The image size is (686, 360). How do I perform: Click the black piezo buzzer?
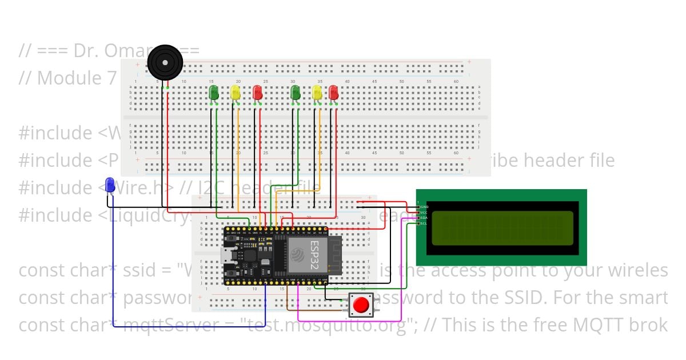(165, 62)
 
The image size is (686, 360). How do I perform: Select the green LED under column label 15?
(214, 93)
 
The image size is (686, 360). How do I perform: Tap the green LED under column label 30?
(296, 93)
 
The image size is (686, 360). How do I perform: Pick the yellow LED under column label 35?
(317, 93)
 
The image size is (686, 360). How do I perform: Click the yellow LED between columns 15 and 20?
(236, 93)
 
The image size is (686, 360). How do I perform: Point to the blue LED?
(110, 184)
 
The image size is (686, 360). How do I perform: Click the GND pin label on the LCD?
(424, 207)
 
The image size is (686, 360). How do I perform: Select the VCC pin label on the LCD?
(424, 213)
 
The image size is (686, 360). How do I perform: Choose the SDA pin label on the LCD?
(424, 218)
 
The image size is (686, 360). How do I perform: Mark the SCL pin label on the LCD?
(424, 223)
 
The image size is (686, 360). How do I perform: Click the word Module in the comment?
(69, 78)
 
